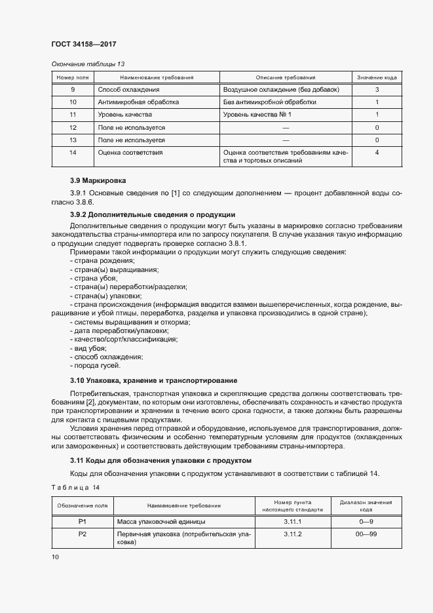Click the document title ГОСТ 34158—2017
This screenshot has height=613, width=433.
pyautogui.click(x=83, y=45)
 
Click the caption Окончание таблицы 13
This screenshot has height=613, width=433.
pyautogui.click(x=87, y=64)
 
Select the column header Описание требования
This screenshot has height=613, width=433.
pyautogui.click(x=285, y=77)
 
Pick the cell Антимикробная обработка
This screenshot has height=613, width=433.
pyautogui.click(x=138, y=102)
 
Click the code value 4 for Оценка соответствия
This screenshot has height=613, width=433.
pyautogui.click(x=377, y=153)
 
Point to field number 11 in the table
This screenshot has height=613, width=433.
pyautogui.click(x=73, y=115)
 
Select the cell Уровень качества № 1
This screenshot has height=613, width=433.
pyautogui.click(x=257, y=115)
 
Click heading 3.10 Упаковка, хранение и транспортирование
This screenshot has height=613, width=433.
pyautogui.click(x=153, y=381)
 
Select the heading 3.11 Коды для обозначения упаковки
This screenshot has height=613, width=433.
pyautogui.click(x=160, y=461)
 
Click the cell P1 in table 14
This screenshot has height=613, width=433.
pyautogui.click(x=83, y=521)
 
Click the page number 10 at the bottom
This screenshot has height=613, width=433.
pyautogui.click(x=55, y=557)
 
